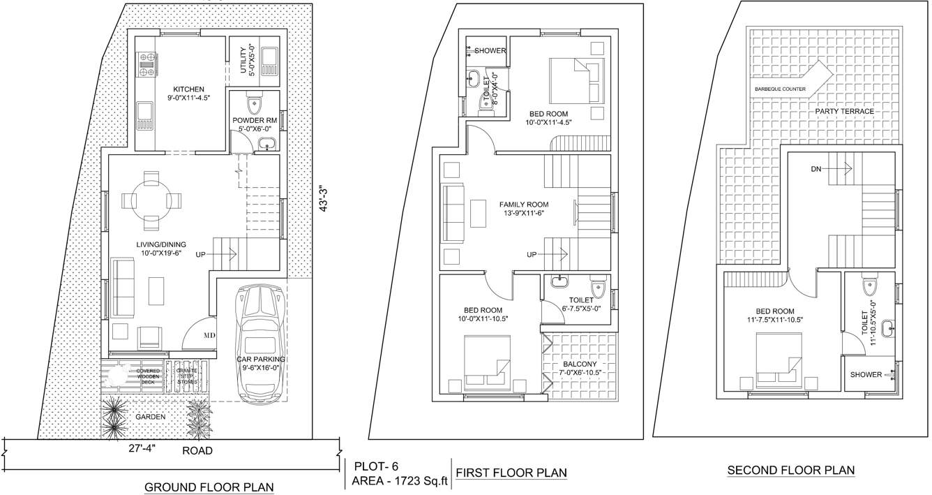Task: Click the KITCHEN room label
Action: tap(189, 89)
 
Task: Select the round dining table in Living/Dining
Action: tap(151, 200)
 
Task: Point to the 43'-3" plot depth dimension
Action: tap(322, 199)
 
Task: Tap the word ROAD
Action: tap(197, 451)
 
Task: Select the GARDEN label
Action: tap(151, 417)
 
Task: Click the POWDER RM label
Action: tap(255, 120)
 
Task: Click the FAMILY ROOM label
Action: tap(524, 205)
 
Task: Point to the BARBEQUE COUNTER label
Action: tap(780, 89)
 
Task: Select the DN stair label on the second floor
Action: tap(817, 169)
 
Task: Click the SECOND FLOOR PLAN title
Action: tap(791, 471)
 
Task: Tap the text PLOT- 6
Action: tap(377, 466)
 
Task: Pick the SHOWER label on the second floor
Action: tap(866, 375)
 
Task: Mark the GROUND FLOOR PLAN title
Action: tap(209, 487)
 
